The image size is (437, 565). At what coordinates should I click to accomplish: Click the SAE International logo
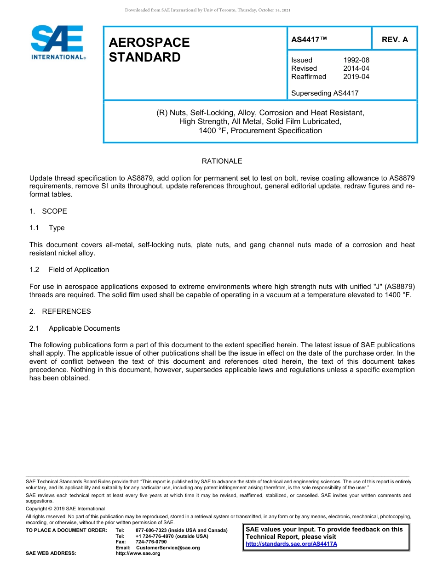point(57,42)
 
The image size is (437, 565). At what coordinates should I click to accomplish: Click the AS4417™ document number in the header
point(309,40)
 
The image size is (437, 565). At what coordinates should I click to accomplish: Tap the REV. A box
point(395,40)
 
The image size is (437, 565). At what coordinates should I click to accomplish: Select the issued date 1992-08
point(356,60)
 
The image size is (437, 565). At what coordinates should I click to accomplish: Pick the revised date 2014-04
point(356,68)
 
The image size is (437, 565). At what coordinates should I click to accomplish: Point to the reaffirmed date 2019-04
point(356,77)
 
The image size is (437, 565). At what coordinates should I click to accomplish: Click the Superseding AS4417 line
point(325,93)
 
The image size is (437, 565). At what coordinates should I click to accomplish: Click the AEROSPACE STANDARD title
point(149,50)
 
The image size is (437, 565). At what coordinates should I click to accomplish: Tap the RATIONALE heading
point(222,161)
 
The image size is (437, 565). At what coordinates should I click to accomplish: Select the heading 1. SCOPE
point(48,211)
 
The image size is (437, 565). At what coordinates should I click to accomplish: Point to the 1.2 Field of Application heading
point(69,270)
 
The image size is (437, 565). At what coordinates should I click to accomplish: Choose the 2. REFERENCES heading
point(60,311)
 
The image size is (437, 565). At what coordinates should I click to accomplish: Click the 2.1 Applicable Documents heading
point(75,328)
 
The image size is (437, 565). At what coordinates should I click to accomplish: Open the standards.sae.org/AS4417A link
point(291,544)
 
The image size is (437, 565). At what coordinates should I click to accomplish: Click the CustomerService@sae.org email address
point(168,548)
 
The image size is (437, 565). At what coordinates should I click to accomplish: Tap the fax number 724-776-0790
point(151,542)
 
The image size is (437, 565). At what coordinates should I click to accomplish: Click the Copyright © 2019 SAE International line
point(65,508)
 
